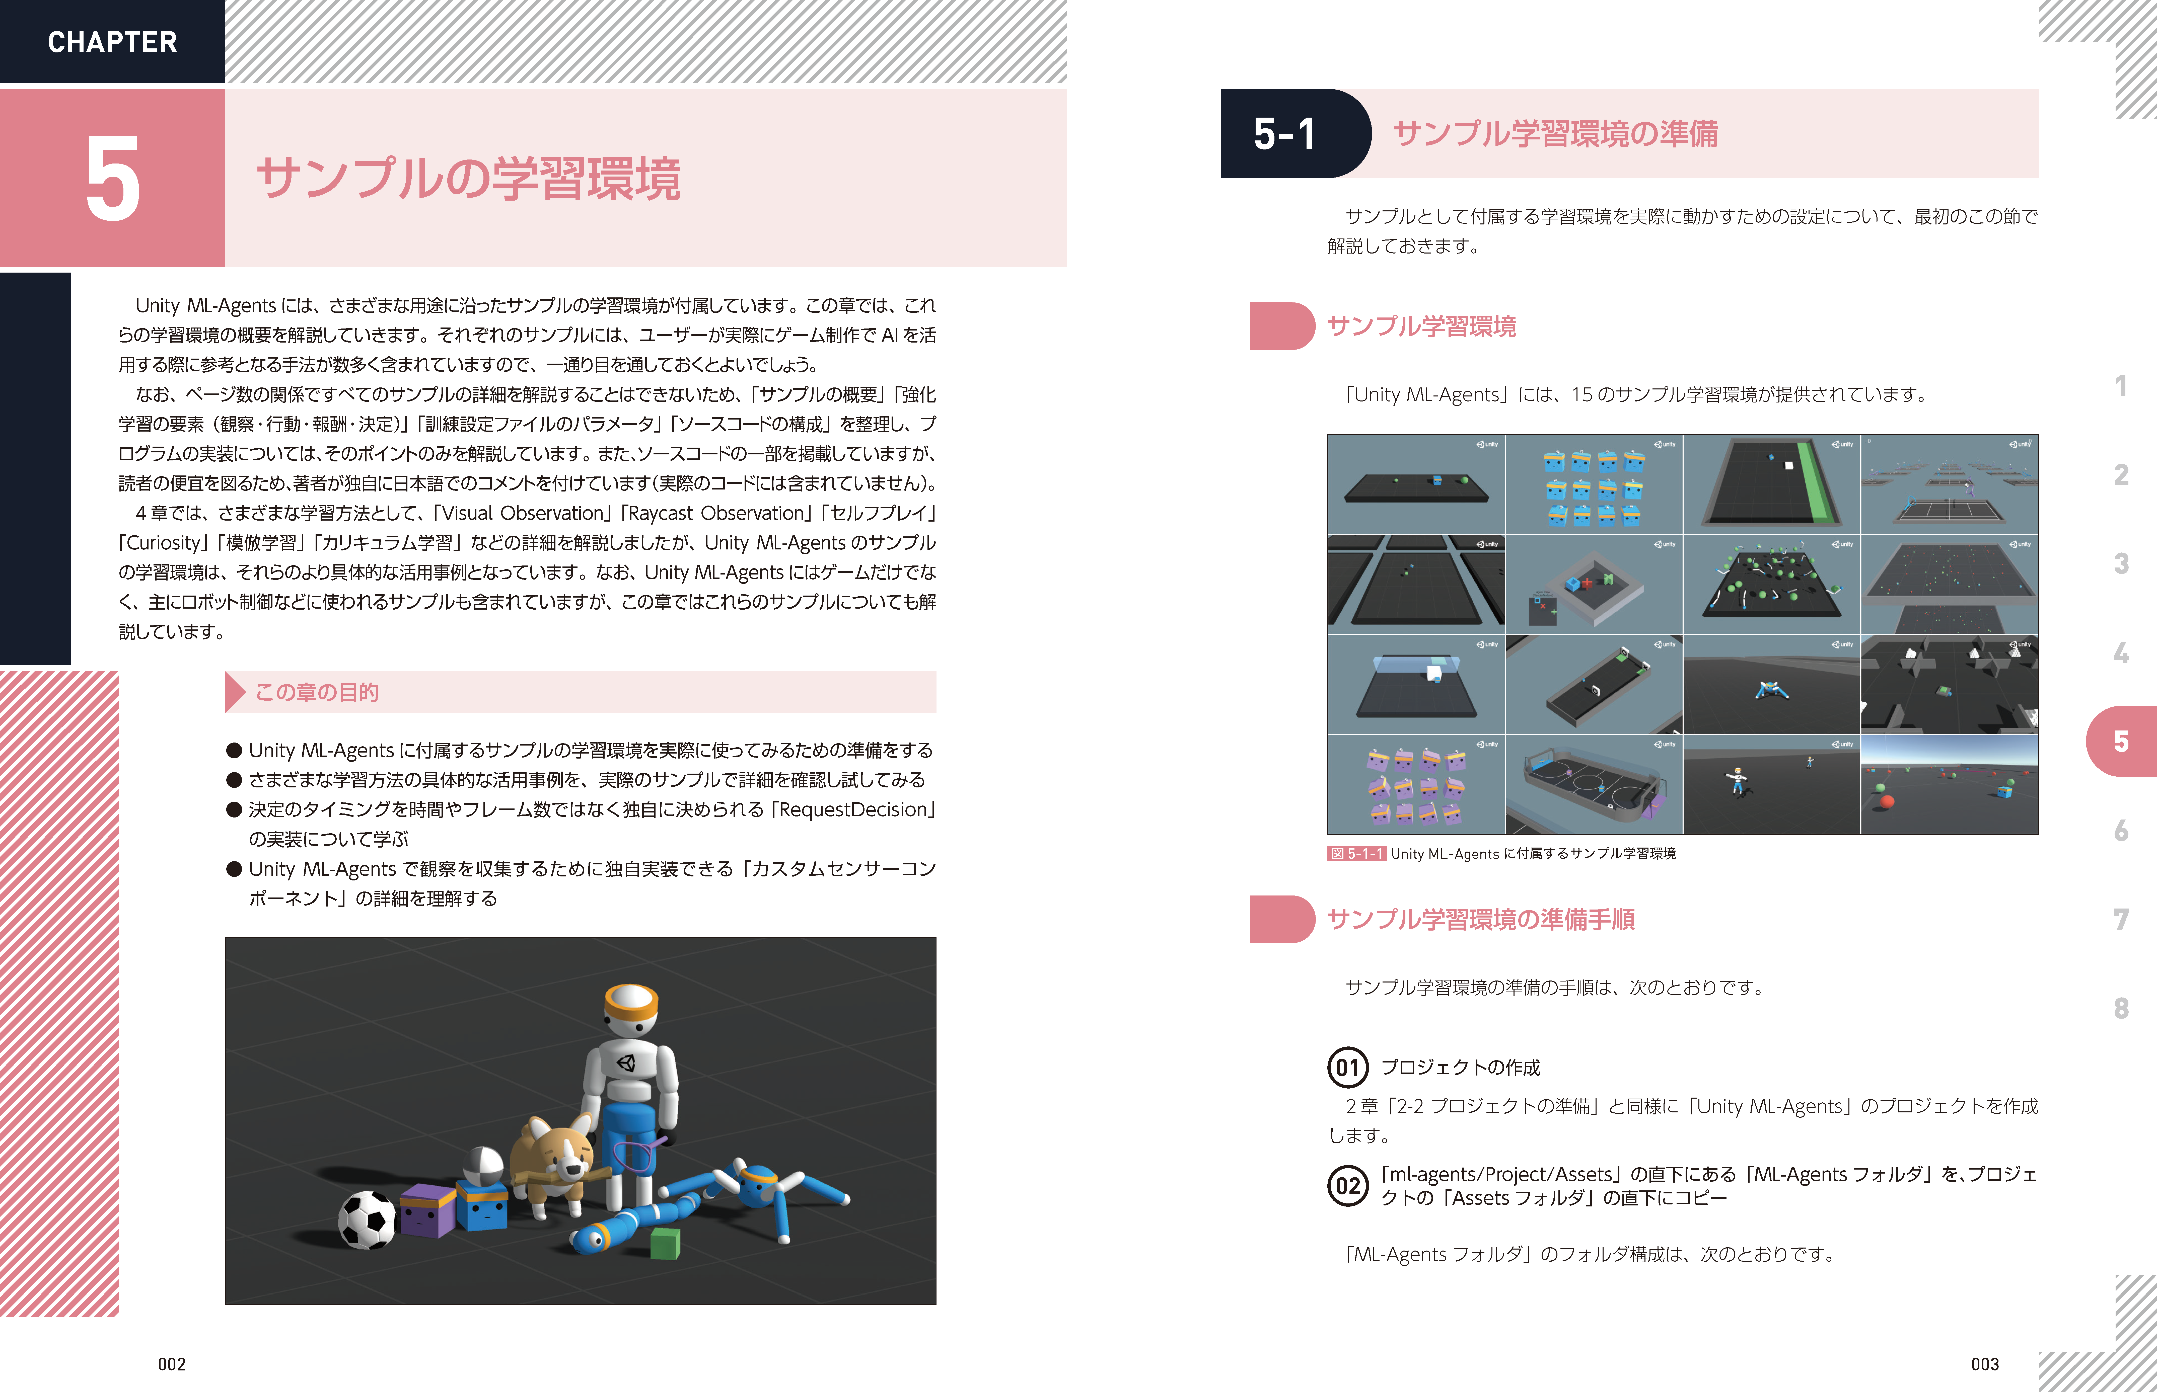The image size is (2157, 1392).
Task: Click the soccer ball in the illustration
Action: (x=367, y=1219)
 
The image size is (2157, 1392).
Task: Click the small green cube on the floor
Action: (x=665, y=1243)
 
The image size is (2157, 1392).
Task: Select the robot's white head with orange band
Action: (x=631, y=1008)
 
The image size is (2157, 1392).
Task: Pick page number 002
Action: (x=172, y=1364)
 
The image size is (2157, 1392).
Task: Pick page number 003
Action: (x=1985, y=1364)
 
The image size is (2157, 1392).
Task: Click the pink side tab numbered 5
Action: (x=2121, y=741)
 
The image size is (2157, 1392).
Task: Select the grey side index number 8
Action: (x=2121, y=1008)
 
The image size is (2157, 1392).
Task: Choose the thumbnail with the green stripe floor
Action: (x=1772, y=483)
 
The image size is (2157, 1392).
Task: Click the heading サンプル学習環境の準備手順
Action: (x=1481, y=919)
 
